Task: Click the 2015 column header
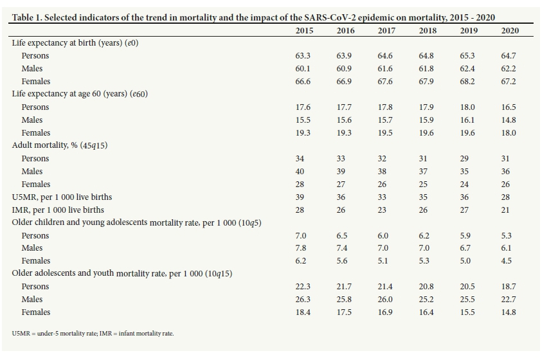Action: point(304,30)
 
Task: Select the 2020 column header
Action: point(510,30)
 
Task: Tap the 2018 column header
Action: point(428,30)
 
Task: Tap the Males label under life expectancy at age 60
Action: point(32,120)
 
